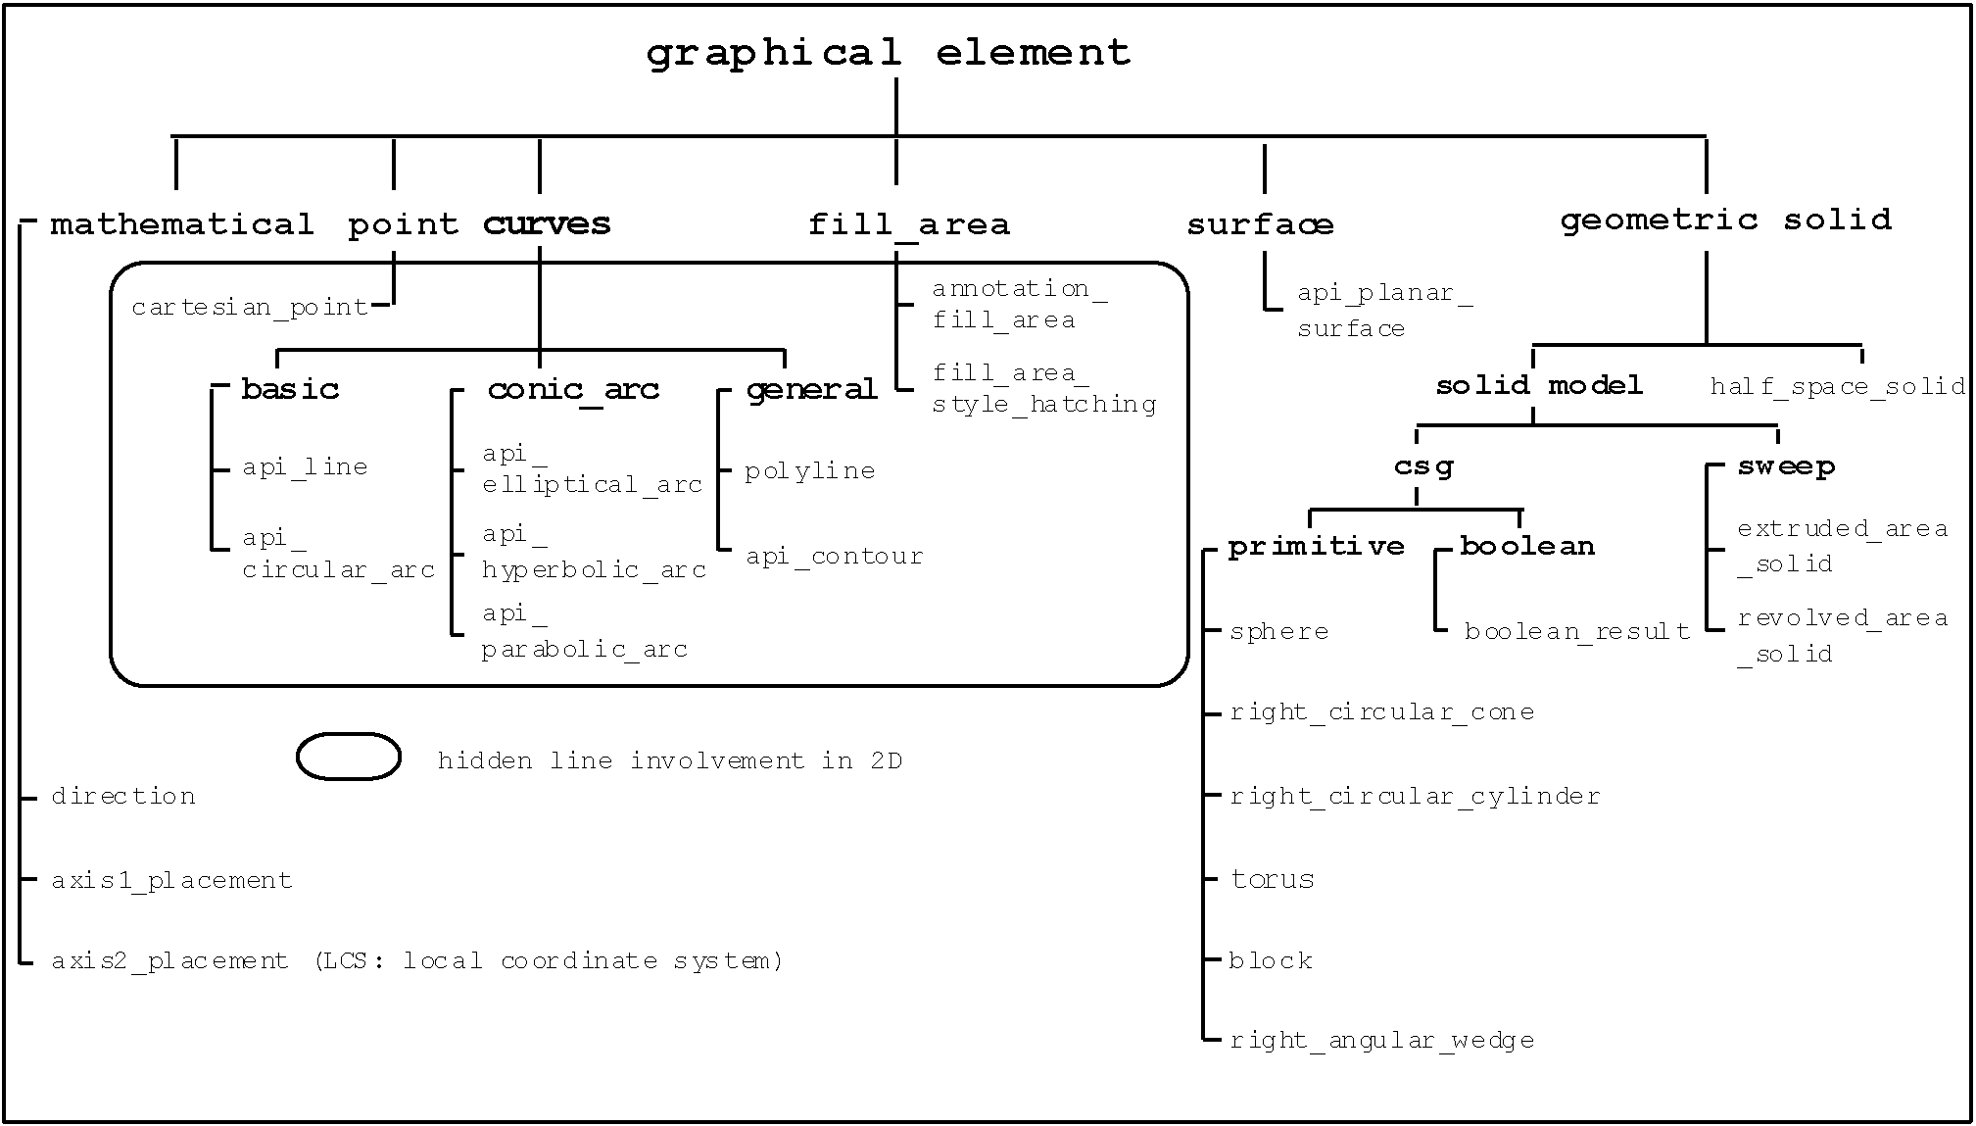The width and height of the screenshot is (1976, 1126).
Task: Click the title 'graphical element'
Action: click(x=889, y=53)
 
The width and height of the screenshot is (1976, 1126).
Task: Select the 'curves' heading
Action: click(x=547, y=223)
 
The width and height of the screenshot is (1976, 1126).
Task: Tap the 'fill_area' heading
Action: click(x=908, y=224)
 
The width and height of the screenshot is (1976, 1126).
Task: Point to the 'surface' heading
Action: click(x=1260, y=224)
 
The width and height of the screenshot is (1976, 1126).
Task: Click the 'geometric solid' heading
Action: click(x=1725, y=220)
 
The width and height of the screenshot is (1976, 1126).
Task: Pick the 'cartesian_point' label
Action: click(x=250, y=308)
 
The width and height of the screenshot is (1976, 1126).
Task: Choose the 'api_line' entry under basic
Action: click(x=305, y=467)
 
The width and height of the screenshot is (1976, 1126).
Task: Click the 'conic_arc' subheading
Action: click(x=573, y=390)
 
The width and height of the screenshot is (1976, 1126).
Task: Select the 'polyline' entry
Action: click(x=809, y=471)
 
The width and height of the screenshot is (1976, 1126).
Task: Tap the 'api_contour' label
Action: click(x=835, y=557)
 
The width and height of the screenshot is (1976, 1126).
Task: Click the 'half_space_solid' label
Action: click(x=1837, y=386)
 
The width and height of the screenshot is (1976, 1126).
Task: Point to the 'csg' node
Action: click(x=1423, y=466)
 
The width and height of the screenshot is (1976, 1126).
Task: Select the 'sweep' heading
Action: click(x=1786, y=466)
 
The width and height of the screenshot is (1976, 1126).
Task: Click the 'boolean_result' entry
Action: click(x=1577, y=631)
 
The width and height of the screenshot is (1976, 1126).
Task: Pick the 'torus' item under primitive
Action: click(x=1272, y=879)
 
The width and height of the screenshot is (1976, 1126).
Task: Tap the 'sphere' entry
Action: click(x=1278, y=631)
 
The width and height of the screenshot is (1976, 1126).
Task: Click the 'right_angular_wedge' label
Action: click(x=1381, y=1040)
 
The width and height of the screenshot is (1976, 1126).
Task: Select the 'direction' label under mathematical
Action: click(x=123, y=796)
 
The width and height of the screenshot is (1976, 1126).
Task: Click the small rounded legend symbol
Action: click(x=349, y=757)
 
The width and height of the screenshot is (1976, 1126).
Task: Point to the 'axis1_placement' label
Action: click(x=171, y=880)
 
